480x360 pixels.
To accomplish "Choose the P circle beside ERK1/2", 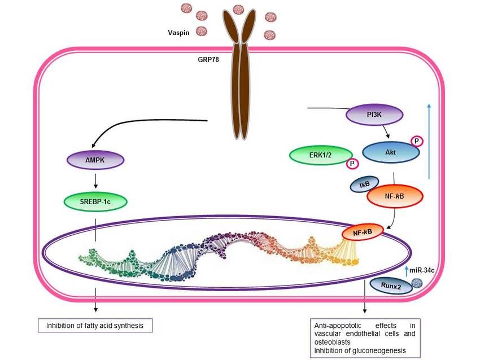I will point(352,164).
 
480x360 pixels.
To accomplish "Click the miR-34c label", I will point(425,272).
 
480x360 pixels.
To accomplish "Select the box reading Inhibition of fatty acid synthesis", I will point(95,326).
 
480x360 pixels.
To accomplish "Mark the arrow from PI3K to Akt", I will point(386,133).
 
